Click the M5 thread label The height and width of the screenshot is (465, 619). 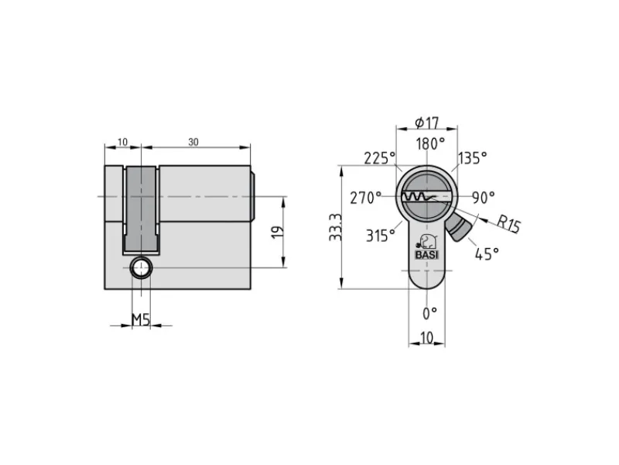click(x=141, y=319)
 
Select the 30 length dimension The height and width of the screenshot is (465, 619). click(x=193, y=142)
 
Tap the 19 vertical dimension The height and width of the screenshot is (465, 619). click(x=278, y=232)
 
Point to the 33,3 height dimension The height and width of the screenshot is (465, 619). click(x=336, y=228)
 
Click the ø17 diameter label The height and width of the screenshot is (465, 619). click(x=427, y=123)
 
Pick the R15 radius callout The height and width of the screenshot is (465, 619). click(x=508, y=224)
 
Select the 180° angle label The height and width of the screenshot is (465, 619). click(x=431, y=143)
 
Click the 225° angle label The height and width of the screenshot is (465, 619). click(x=380, y=158)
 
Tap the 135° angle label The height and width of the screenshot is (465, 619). click(x=473, y=158)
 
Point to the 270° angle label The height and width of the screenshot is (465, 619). click(x=366, y=198)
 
